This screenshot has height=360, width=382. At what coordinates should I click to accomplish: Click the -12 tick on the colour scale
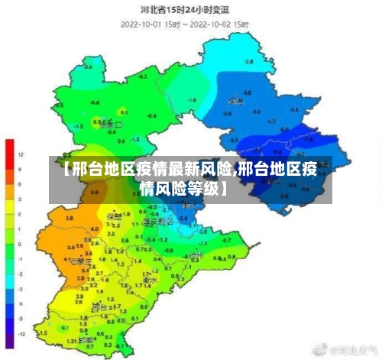[x=22, y=334]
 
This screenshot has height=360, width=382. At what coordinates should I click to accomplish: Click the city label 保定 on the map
[x=114, y=216]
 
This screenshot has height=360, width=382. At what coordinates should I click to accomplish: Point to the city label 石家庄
[x=80, y=261]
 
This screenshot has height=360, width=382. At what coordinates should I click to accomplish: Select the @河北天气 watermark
[x=354, y=349]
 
